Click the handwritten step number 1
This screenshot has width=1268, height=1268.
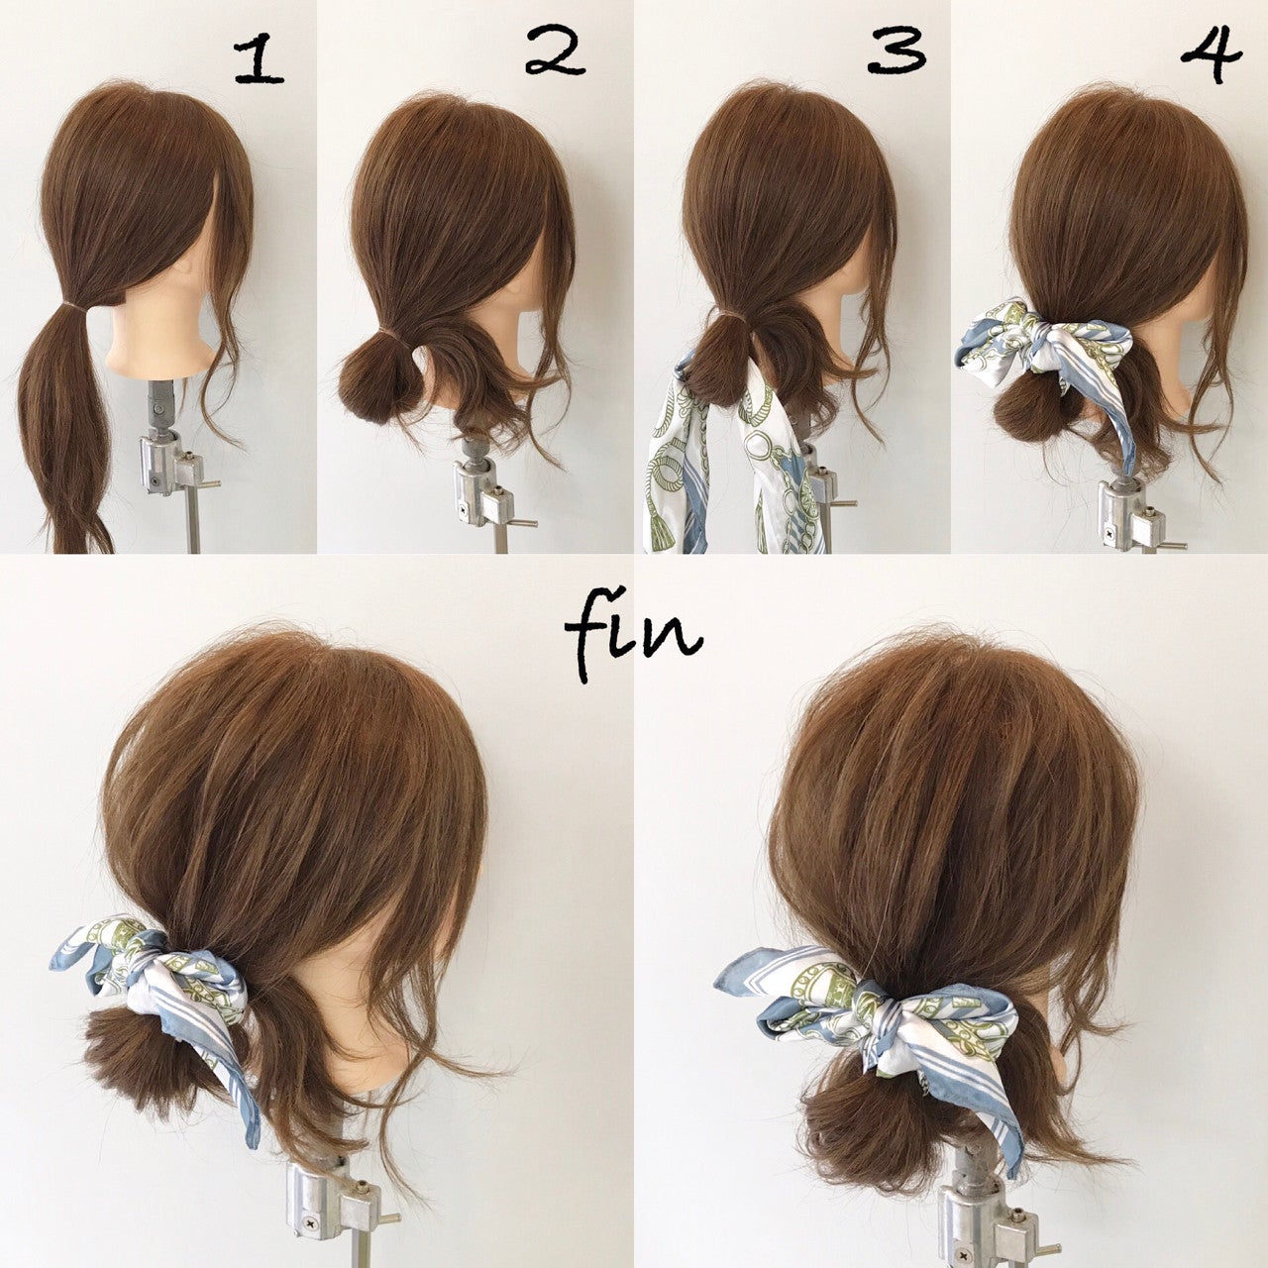[x=259, y=61]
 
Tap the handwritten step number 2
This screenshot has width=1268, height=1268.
[x=555, y=50]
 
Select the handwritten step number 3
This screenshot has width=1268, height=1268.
[x=897, y=50]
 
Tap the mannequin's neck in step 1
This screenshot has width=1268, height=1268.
[x=157, y=342]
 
